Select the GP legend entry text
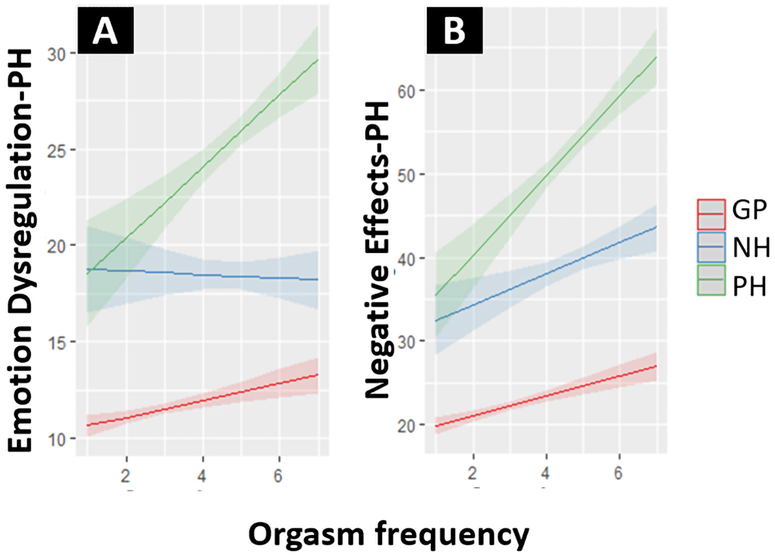pos(749,210)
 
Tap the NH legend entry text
pos(751,248)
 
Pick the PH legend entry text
pos(749,286)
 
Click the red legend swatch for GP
pos(711,214)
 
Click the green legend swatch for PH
pos(711,280)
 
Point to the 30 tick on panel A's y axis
pos(57,54)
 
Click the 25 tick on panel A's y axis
pos(57,150)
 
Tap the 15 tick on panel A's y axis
pos(57,342)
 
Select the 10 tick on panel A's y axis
pos(57,438)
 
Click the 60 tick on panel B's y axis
pos(405,91)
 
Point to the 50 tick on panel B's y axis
pos(405,174)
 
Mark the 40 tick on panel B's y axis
pos(405,259)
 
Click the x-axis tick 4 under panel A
pos(202,475)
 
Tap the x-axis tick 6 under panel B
pos(618,473)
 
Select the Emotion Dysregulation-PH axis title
pos(20,250)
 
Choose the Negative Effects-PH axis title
pos(377,250)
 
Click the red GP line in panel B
pos(546,396)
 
